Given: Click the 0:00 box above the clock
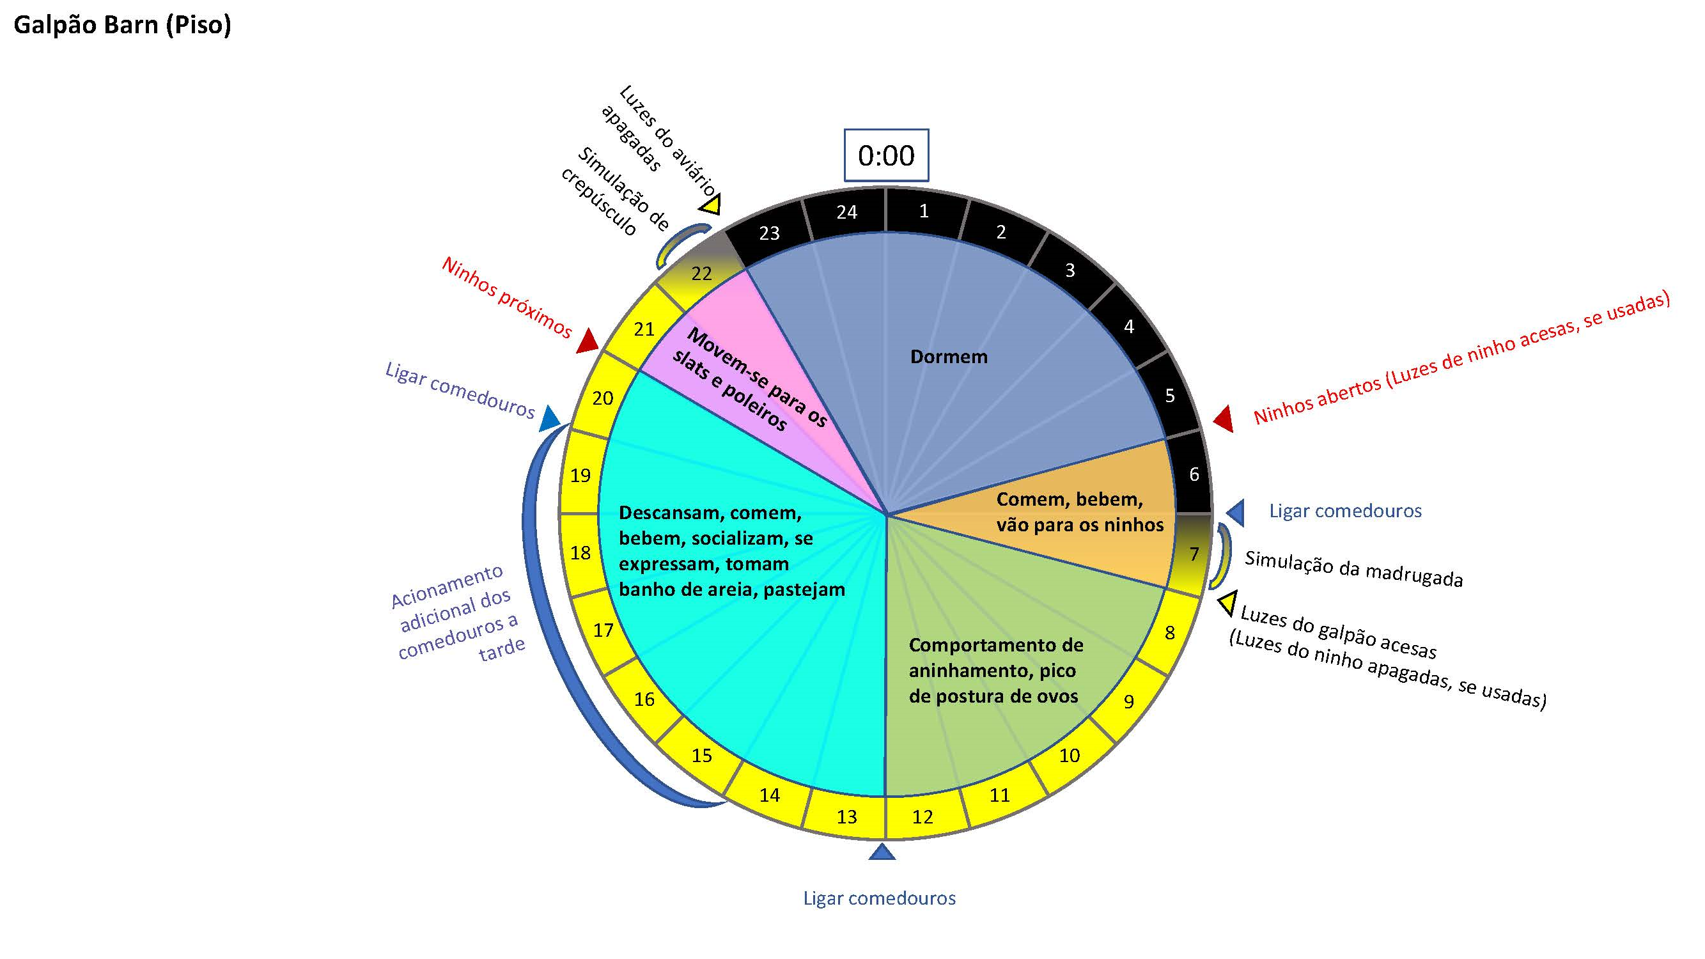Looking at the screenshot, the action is tap(885, 155).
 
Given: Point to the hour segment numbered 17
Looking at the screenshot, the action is tap(603, 630).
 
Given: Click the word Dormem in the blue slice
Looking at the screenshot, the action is tap(949, 357).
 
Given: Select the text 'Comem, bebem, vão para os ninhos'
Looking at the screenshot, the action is tap(1080, 511).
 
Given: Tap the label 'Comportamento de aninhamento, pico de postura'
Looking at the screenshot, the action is tap(996, 671).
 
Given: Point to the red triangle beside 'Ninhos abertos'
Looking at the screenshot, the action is tap(1223, 418).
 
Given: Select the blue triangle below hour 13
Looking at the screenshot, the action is tap(882, 852).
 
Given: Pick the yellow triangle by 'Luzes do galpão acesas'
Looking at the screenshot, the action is tap(1228, 603).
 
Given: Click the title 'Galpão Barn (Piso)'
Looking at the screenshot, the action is tap(123, 25).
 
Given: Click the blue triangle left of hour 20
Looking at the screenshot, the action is tap(549, 418).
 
